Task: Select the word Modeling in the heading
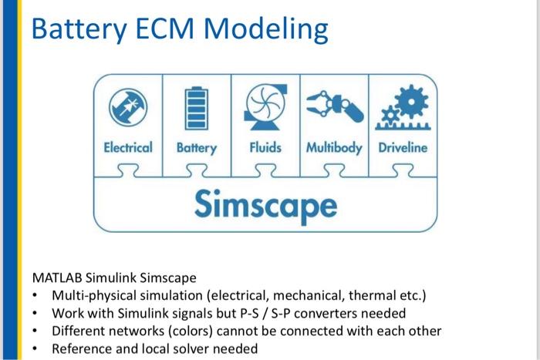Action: (266, 31)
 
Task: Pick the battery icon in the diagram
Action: (195, 108)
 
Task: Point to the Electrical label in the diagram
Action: (128, 147)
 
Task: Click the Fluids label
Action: (265, 147)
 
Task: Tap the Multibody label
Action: (334, 147)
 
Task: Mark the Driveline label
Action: (402, 147)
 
